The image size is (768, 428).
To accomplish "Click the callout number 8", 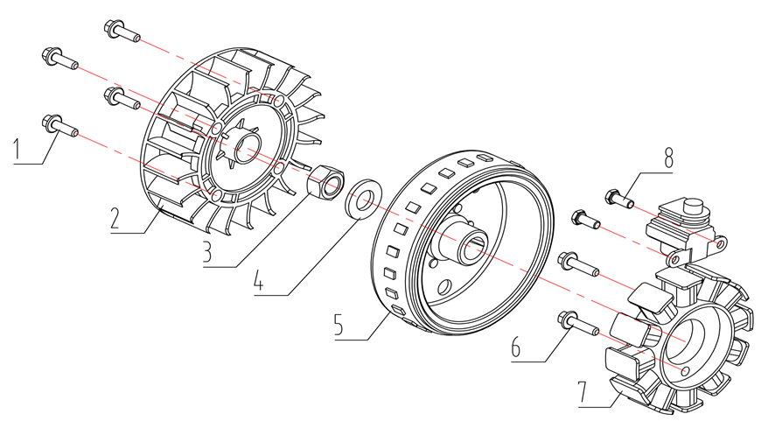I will coord(668,160).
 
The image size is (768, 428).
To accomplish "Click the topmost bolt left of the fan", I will coord(121,30).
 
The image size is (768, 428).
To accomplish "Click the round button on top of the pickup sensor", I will coord(694,210).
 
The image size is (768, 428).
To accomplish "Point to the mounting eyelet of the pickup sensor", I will coord(674,259).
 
